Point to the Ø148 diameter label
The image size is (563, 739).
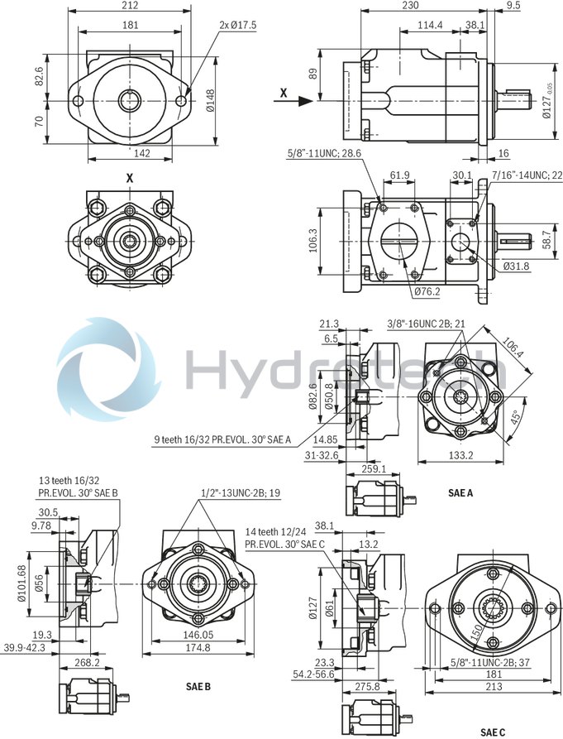[x=211, y=101]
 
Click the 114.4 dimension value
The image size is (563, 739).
[x=430, y=26]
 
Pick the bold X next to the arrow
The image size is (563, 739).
[x=283, y=94]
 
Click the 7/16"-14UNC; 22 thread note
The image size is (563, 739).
[x=527, y=175]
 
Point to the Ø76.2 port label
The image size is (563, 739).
[x=427, y=291]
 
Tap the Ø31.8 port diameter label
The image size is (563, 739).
[x=517, y=266]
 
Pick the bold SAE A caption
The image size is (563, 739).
[x=460, y=492]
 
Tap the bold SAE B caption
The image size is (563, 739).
[x=198, y=687]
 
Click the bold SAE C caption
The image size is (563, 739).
[x=492, y=732]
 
